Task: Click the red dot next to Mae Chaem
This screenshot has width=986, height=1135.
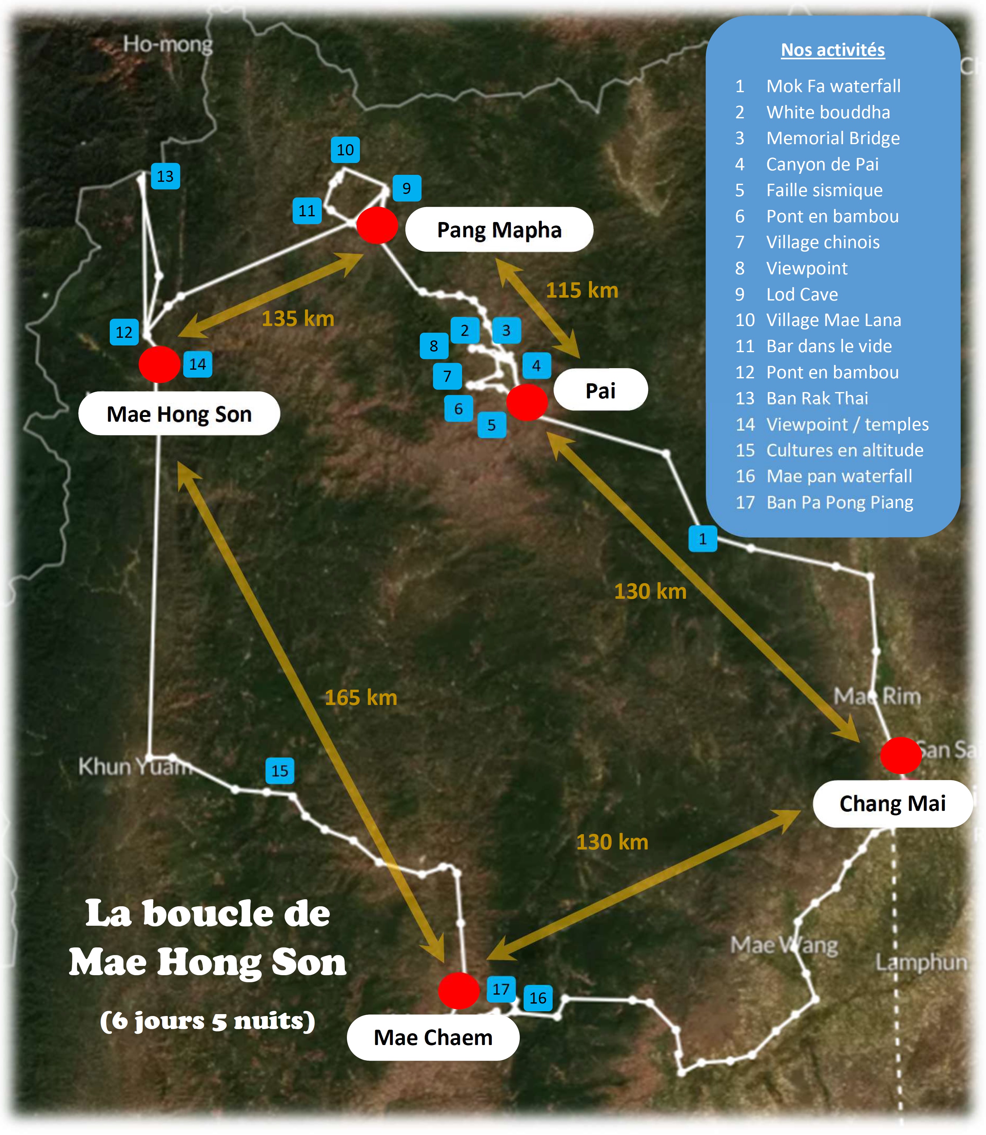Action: pyautogui.click(x=458, y=990)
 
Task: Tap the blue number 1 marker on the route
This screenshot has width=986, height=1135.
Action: pyautogui.click(x=703, y=538)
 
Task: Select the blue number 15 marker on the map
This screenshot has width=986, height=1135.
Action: pyautogui.click(x=280, y=770)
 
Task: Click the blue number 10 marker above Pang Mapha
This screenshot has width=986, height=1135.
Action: pyautogui.click(x=345, y=150)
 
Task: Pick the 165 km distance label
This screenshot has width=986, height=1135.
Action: pyautogui.click(x=361, y=698)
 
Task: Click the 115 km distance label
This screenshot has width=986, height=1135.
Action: pyautogui.click(x=582, y=291)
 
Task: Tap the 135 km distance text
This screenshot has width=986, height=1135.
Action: pyautogui.click(x=298, y=319)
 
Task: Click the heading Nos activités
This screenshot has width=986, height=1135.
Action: pyautogui.click(x=833, y=50)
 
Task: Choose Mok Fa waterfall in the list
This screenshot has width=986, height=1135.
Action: pyautogui.click(x=833, y=86)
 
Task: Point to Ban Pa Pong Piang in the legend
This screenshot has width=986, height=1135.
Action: pyautogui.click(x=840, y=502)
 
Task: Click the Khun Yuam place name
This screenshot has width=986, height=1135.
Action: pyautogui.click(x=135, y=766)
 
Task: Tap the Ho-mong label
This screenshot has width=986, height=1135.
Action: pyautogui.click(x=168, y=44)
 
